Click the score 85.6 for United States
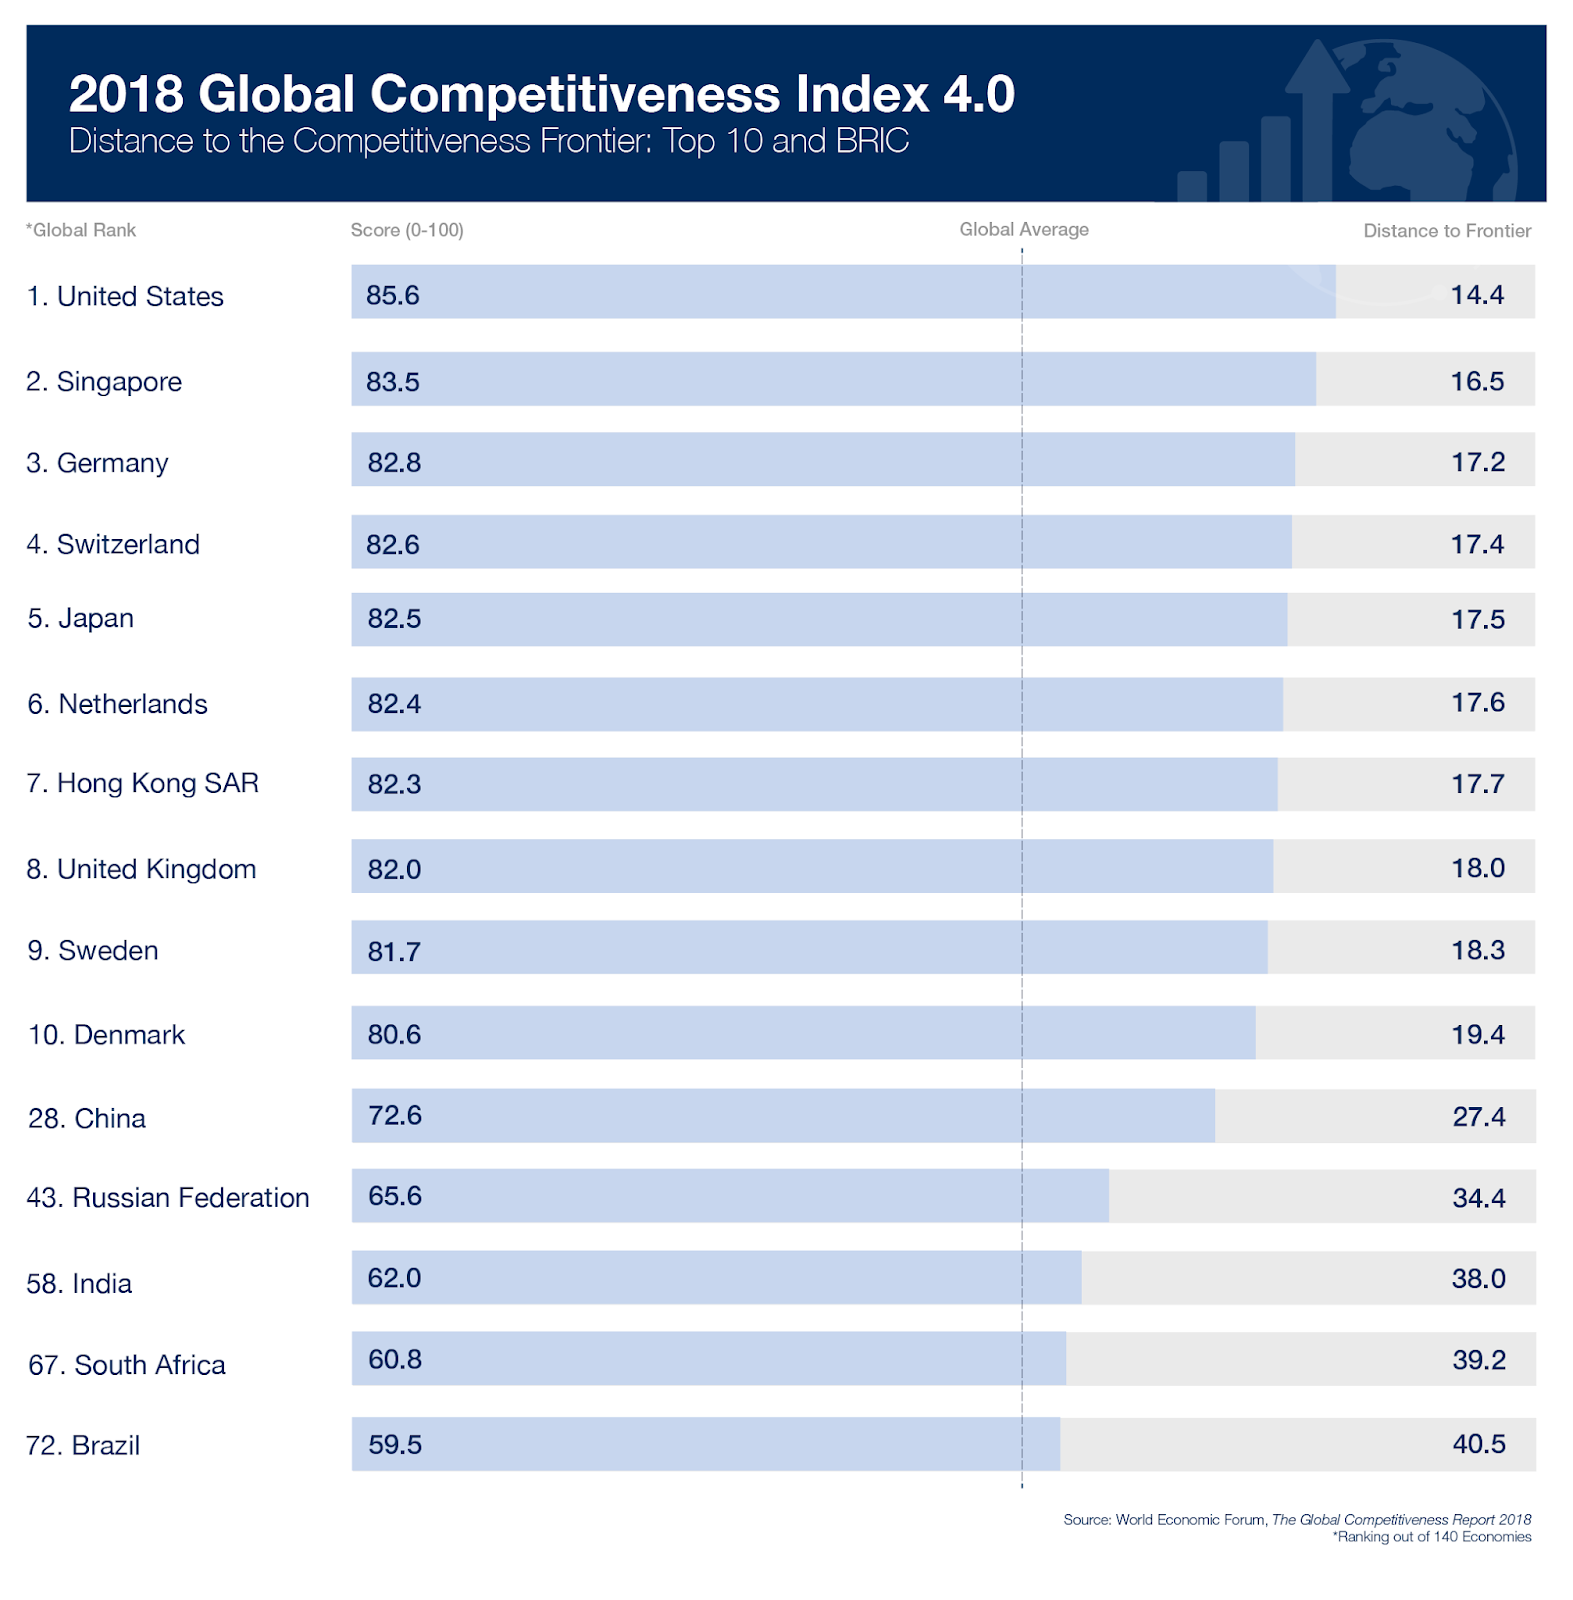click(x=392, y=295)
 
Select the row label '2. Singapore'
click(x=104, y=382)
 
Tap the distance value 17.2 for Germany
click(x=1477, y=462)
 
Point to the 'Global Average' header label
click(x=1023, y=229)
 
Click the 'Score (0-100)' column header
click(x=407, y=230)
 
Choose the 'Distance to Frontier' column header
click(x=1446, y=231)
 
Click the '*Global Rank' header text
click(x=81, y=230)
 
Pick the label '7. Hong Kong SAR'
click(x=142, y=783)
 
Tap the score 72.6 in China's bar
click(x=394, y=1115)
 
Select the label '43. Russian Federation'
click(x=168, y=1198)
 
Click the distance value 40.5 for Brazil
click(x=1478, y=1444)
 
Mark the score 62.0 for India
click(x=394, y=1278)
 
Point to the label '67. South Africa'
click(x=127, y=1365)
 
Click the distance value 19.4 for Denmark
click(x=1477, y=1035)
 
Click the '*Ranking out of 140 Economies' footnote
click(x=1431, y=1537)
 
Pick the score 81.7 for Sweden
click(x=393, y=951)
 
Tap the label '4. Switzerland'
click(x=113, y=544)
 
